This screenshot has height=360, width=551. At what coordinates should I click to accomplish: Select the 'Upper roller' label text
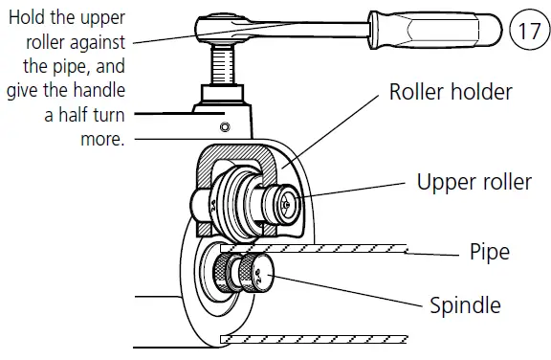(x=474, y=181)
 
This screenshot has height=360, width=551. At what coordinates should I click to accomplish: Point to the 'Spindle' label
(x=465, y=305)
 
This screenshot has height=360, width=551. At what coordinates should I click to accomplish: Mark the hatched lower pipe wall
(x=316, y=339)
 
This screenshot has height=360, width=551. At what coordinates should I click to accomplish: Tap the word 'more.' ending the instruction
(x=104, y=138)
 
